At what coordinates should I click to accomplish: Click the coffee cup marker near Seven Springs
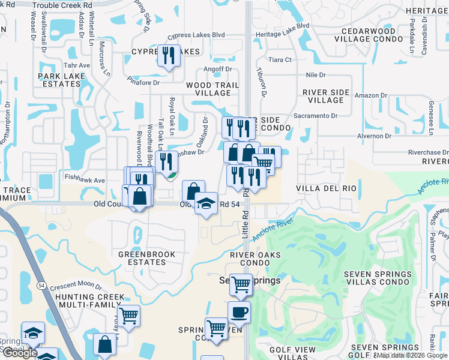click(239, 312)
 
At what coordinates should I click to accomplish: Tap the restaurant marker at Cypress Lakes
click(168, 55)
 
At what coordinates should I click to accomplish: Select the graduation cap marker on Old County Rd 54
click(206, 203)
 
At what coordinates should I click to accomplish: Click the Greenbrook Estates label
click(147, 258)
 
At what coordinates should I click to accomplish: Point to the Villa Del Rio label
click(327, 188)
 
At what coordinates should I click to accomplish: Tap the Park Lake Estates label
click(59, 80)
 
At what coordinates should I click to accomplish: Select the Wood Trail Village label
click(208, 89)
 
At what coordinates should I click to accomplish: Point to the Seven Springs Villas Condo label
click(377, 278)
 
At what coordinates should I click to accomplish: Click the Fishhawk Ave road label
click(85, 180)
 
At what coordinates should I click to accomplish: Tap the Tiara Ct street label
click(280, 60)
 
